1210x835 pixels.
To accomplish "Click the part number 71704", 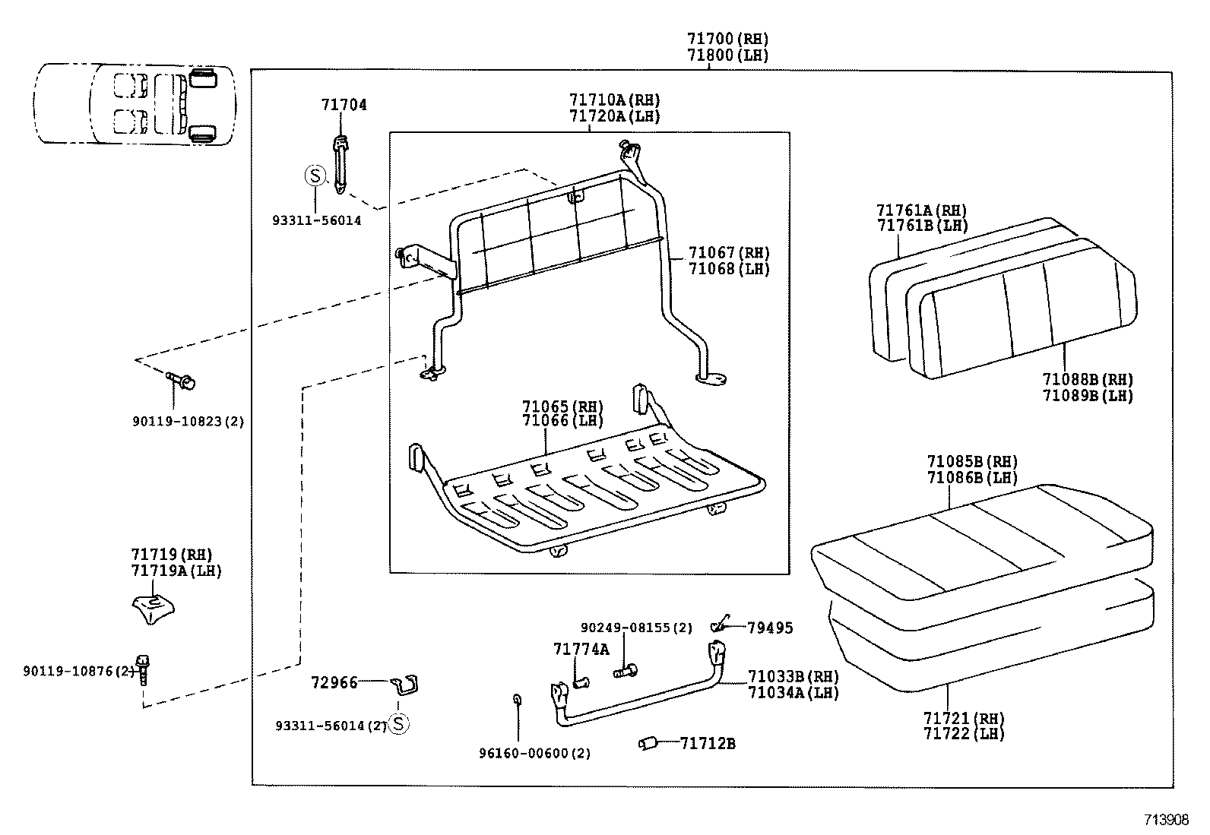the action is click(x=344, y=105).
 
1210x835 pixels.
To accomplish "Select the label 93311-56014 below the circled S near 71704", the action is click(x=316, y=220).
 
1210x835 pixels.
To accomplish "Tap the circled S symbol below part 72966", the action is click(x=398, y=724).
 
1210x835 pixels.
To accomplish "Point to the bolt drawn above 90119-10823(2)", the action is click(x=181, y=379).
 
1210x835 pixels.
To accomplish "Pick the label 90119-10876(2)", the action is click(x=78, y=671).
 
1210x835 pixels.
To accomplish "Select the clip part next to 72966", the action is click(x=407, y=685).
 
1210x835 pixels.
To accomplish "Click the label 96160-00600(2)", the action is click(x=534, y=753).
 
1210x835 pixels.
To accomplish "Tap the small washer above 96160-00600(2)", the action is click(x=518, y=700).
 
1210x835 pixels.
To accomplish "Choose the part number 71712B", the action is click(x=707, y=743).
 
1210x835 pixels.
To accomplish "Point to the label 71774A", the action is click(x=581, y=649).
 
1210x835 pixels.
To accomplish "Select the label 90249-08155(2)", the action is click(x=636, y=628).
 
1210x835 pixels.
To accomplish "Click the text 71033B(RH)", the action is click(x=793, y=676).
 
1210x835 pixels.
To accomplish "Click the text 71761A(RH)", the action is click(x=921, y=210).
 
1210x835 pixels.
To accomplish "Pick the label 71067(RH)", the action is click(x=728, y=253).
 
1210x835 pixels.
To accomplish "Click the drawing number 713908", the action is click(x=1167, y=820).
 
